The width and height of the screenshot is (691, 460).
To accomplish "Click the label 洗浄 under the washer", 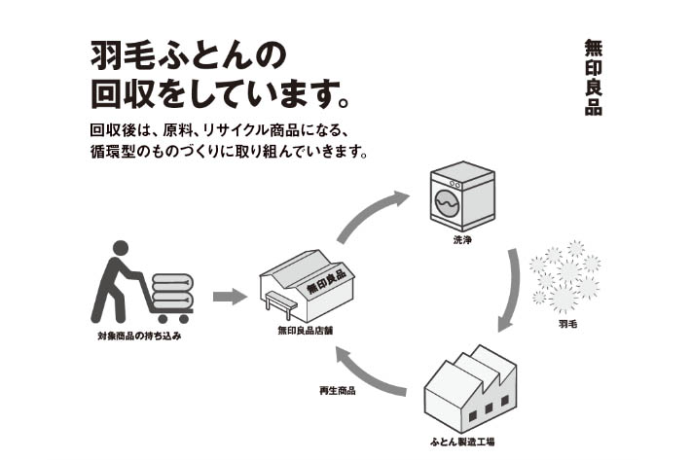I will tap(462, 240).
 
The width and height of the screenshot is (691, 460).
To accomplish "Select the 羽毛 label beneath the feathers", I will tap(568, 322).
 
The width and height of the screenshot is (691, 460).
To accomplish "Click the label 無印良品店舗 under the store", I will tap(306, 331).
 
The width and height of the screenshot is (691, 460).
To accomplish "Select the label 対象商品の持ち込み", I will tap(139, 336).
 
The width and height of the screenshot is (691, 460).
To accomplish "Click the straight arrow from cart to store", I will tap(230, 296).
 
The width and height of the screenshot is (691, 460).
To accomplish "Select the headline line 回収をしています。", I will tap(219, 94).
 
